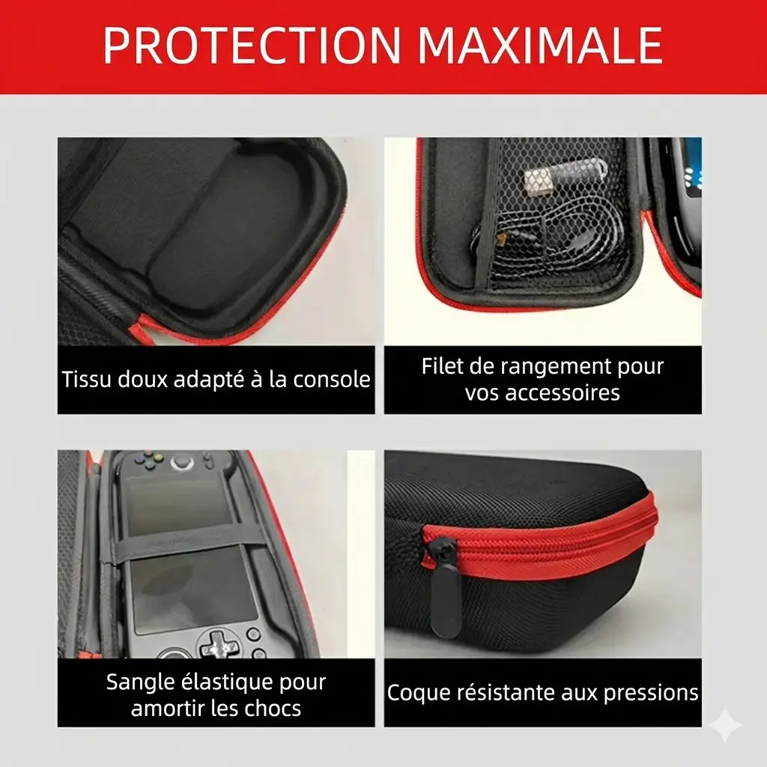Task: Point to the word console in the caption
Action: click(331, 379)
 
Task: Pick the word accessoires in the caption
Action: click(563, 392)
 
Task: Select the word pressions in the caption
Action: click(651, 693)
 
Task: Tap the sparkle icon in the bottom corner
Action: click(725, 724)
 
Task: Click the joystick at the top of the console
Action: click(181, 461)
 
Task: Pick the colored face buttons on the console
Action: click(151, 458)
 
